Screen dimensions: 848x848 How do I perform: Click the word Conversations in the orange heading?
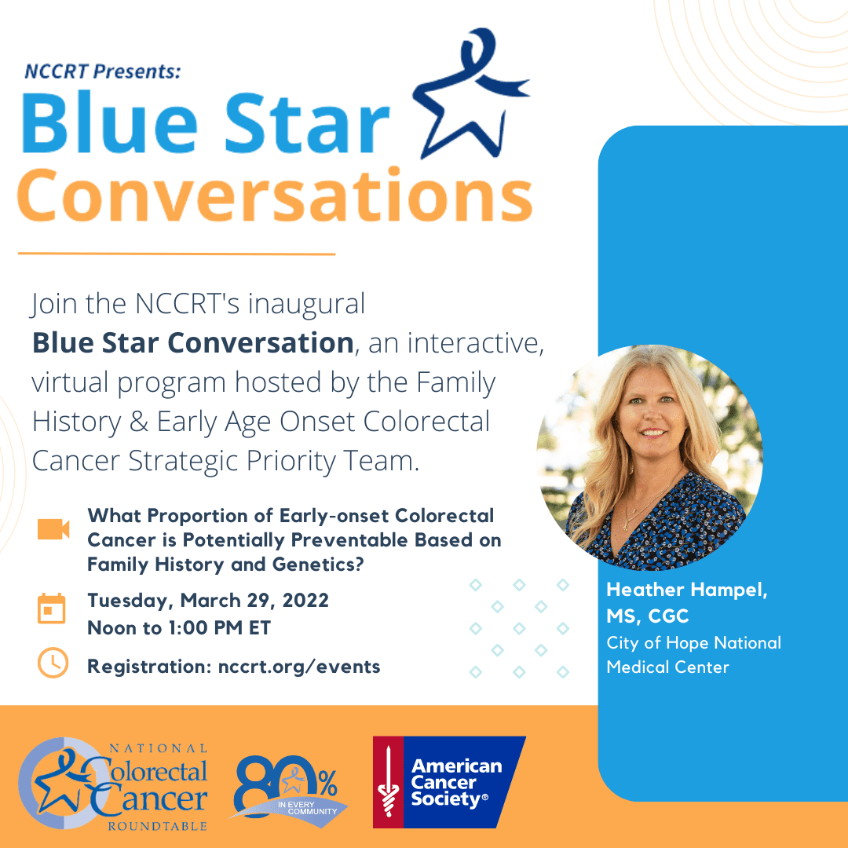[x=276, y=196]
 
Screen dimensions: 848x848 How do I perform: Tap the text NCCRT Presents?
[x=103, y=71]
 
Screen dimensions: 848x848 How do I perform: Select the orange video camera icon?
[x=53, y=529]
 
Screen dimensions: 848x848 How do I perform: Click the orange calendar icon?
[x=51, y=609]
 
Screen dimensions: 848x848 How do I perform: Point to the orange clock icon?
[x=53, y=663]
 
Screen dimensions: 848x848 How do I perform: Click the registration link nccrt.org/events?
[x=299, y=667]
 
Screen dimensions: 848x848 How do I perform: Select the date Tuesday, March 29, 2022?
[x=208, y=601]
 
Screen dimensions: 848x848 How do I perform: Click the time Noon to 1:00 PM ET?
[x=179, y=628]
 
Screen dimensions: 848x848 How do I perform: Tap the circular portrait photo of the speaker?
[x=649, y=458]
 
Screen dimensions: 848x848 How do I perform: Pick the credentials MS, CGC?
[x=647, y=616]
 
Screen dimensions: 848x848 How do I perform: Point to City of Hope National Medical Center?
[x=694, y=655]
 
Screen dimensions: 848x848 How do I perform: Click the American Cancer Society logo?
[x=449, y=782]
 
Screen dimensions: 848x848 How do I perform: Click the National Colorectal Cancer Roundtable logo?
[x=113, y=784]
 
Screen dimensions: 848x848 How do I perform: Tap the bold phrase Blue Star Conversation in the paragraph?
[x=193, y=343]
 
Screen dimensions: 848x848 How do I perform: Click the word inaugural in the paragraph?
[x=307, y=304]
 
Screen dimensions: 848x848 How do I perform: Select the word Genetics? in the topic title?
[x=318, y=565]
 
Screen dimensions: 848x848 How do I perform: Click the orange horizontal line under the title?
[x=177, y=253]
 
